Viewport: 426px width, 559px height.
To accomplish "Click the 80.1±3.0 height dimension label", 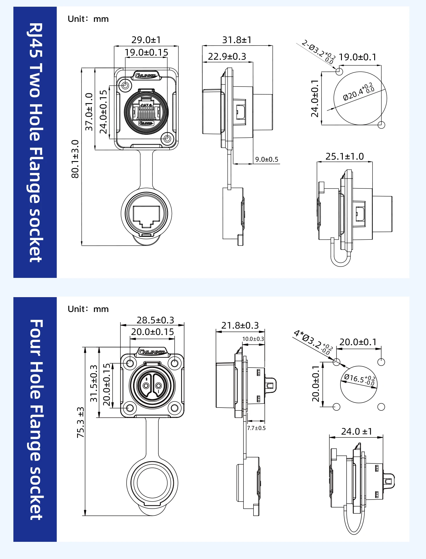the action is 75,159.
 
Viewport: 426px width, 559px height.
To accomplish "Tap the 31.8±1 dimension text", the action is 237,40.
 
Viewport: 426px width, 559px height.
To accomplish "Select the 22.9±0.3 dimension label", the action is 227,57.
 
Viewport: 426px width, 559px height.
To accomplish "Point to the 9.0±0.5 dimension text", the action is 267,160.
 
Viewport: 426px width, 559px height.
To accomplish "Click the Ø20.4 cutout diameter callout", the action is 359,91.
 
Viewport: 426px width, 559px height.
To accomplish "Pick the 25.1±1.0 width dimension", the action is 345,156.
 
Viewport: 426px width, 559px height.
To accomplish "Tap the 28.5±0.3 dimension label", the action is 155,320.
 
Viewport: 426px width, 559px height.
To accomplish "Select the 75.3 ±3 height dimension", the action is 81,422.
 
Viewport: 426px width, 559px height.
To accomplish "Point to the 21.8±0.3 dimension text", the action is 240,325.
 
